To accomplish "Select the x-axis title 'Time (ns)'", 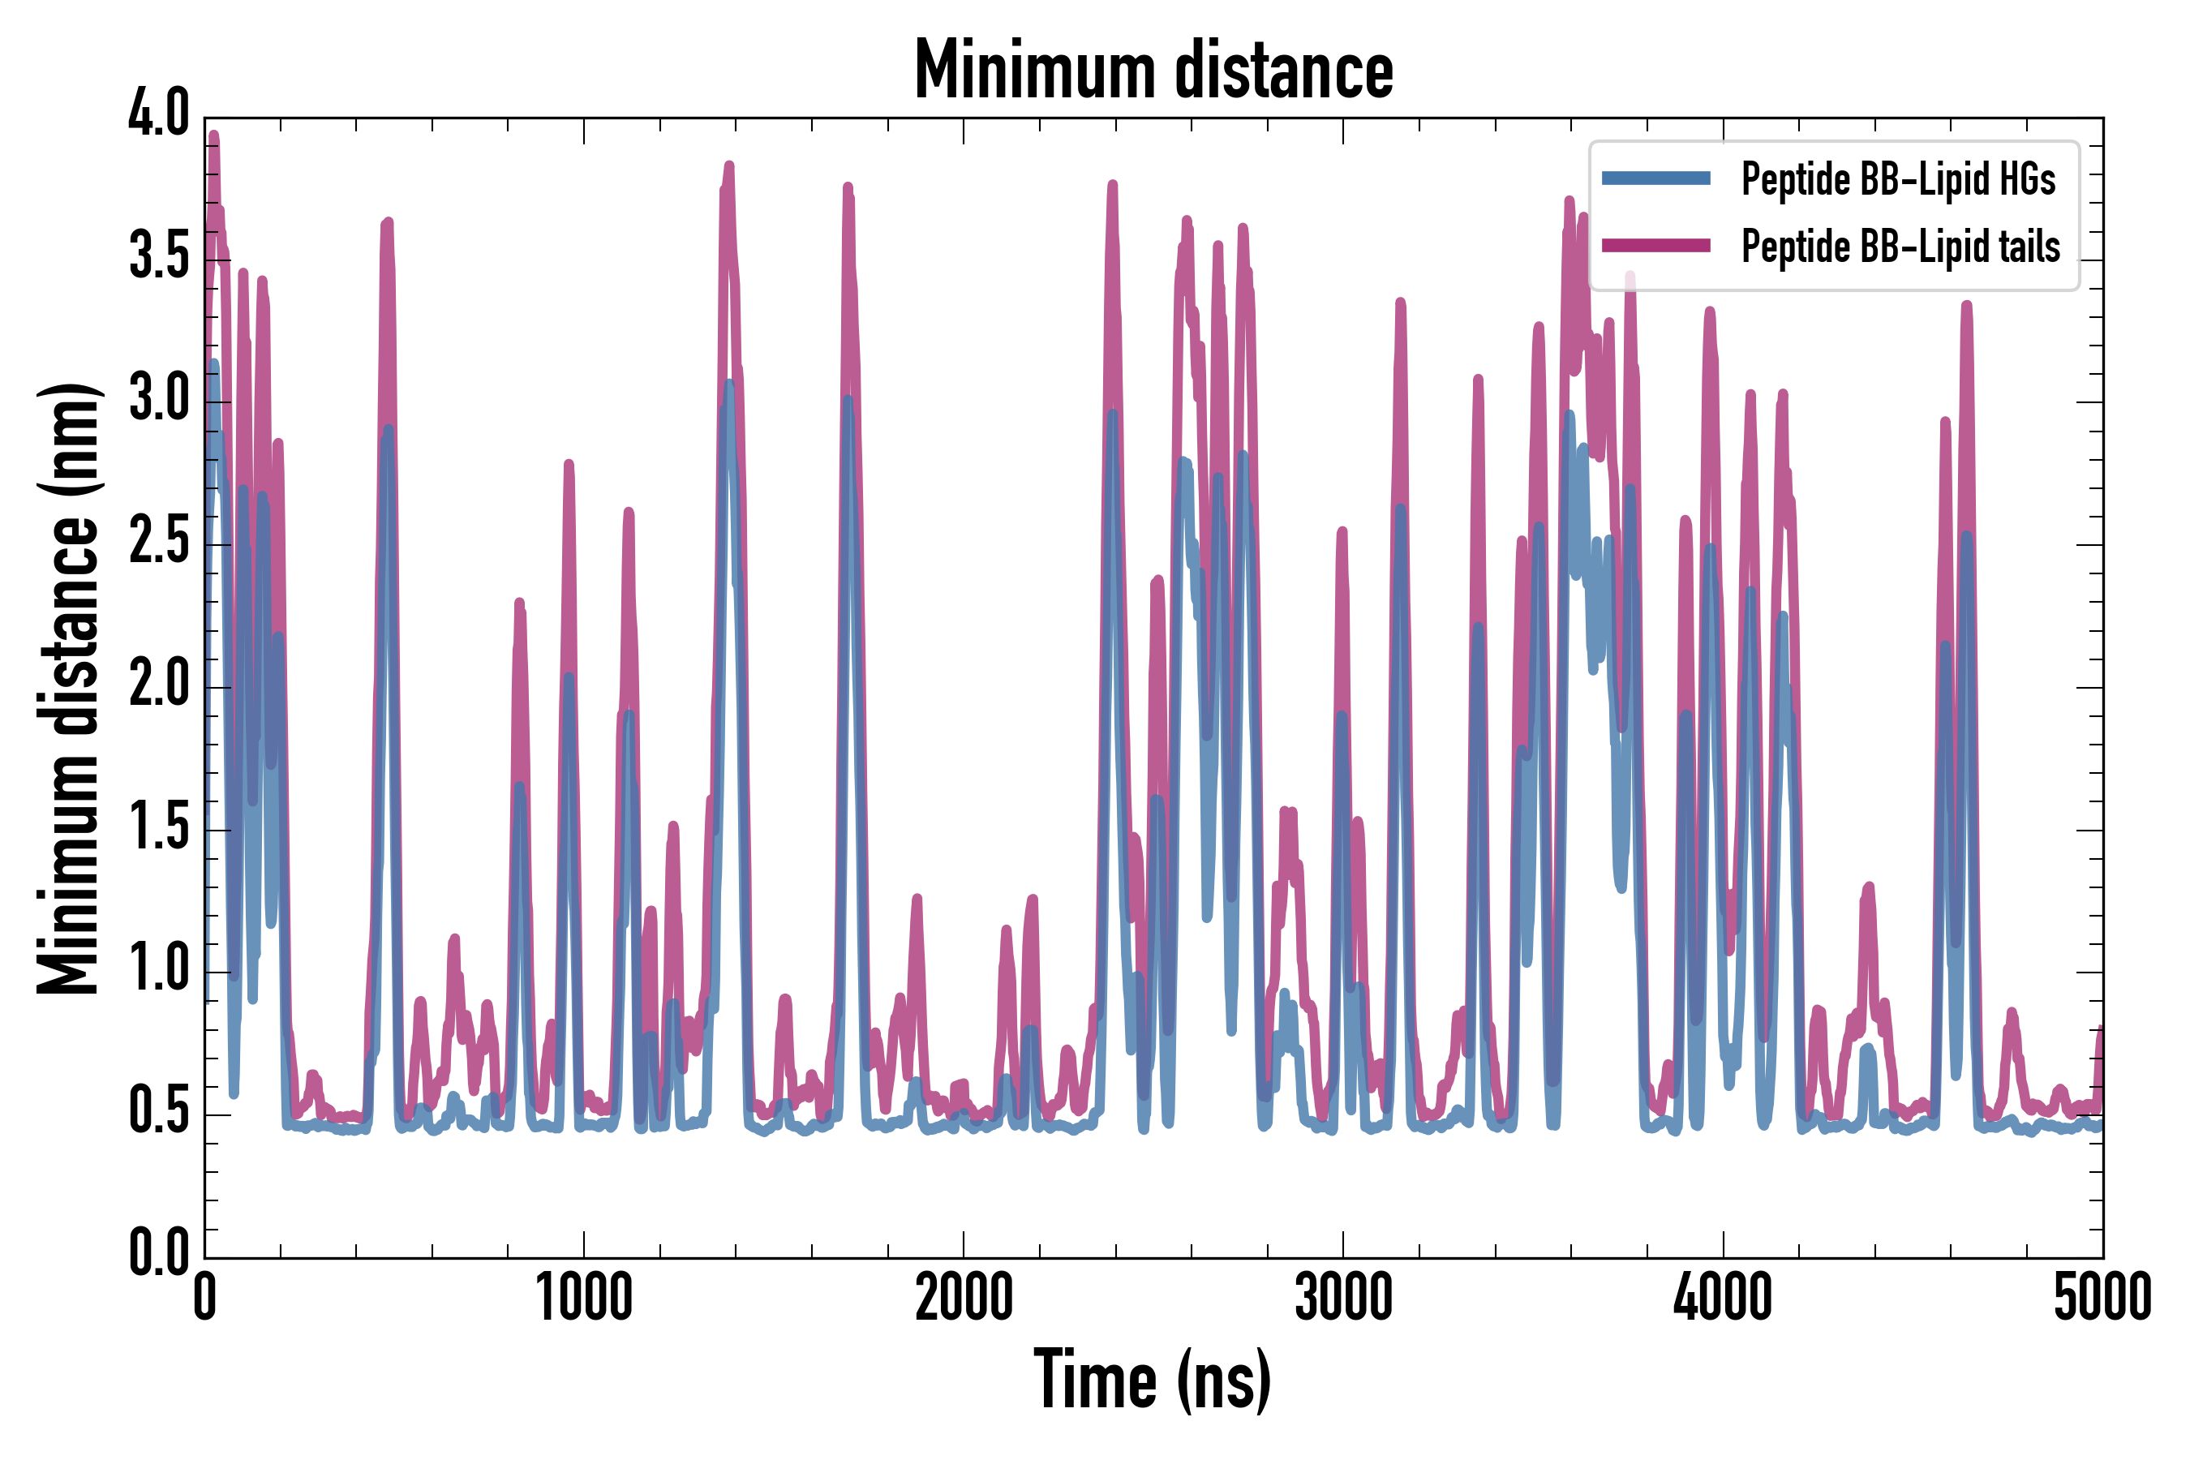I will pyautogui.click(x=1152, y=1379).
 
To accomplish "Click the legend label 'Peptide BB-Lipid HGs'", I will pyautogui.click(x=1898, y=178).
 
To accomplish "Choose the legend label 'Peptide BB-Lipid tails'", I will pyautogui.click(x=1900, y=247).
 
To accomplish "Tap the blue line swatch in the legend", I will pyautogui.click(x=1655, y=178).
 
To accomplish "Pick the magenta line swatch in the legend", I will pyautogui.click(x=1655, y=246).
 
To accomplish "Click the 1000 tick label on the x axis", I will pyautogui.click(x=584, y=1297).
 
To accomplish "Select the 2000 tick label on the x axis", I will pyautogui.click(x=964, y=1297).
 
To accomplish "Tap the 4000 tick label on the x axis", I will pyautogui.click(x=1723, y=1297).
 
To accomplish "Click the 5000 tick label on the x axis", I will pyautogui.click(x=2102, y=1297).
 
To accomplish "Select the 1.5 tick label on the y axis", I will pyautogui.click(x=159, y=826).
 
